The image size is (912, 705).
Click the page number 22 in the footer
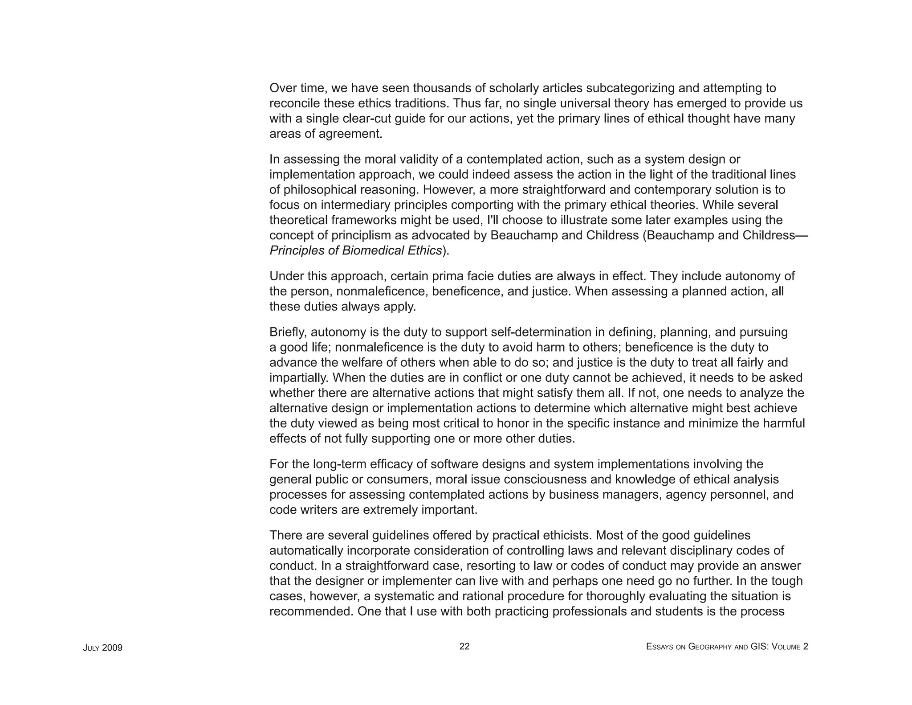(x=464, y=646)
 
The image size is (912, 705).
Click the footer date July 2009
(x=102, y=648)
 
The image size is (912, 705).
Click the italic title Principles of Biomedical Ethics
(x=355, y=250)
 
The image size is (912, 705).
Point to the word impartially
(x=299, y=378)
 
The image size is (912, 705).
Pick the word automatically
(x=306, y=551)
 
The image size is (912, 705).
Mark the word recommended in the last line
(x=311, y=611)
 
